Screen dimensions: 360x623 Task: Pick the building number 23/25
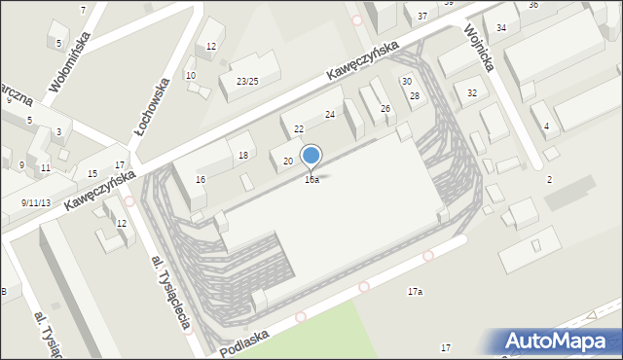(247, 81)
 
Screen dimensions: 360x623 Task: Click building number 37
(421, 17)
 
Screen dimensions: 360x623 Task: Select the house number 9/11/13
(37, 202)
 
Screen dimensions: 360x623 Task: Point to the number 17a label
(415, 291)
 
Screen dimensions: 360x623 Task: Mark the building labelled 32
(472, 93)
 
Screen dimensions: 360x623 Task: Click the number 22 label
(299, 129)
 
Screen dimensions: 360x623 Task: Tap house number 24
(330, 115)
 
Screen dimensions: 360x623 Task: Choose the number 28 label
(414, 95)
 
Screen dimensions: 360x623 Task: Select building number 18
(243, 156)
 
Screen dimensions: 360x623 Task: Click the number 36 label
(533, 5)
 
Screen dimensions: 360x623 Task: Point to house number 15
(92, 174)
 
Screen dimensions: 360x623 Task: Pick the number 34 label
(500, 27)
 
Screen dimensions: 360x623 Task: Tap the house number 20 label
(288, 161)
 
